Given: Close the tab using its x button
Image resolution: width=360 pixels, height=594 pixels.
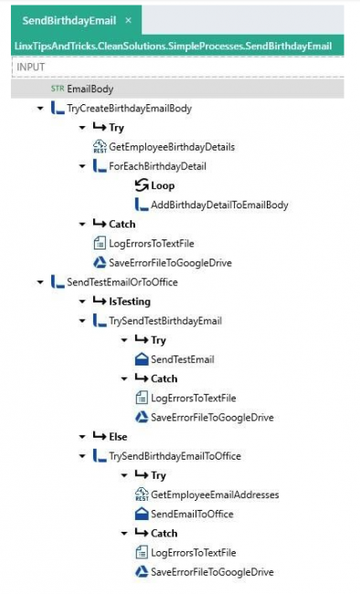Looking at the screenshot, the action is [x=128, y=20].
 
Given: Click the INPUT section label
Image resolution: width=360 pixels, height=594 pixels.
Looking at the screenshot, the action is [x=30, y=68].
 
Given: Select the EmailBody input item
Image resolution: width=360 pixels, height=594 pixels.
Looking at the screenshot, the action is [x=89, y=89].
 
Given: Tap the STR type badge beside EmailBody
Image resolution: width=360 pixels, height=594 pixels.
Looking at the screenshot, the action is [x=58, y=89].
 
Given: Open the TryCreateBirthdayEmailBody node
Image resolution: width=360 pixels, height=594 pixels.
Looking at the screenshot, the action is [x=129, y=108].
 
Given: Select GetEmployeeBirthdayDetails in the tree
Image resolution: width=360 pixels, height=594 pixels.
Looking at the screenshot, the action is [x=172, y=146].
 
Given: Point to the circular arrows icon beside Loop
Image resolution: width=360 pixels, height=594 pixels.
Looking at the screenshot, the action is [x=140, y=186].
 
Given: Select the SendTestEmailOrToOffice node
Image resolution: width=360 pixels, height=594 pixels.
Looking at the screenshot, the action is [x=122, y=281].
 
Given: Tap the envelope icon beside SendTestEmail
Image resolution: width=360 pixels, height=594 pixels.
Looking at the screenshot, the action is [x=140, y=359].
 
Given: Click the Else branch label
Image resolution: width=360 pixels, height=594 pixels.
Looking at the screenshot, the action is [x=117, y=436].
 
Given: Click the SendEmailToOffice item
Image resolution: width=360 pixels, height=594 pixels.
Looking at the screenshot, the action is [x=192, y=514].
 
